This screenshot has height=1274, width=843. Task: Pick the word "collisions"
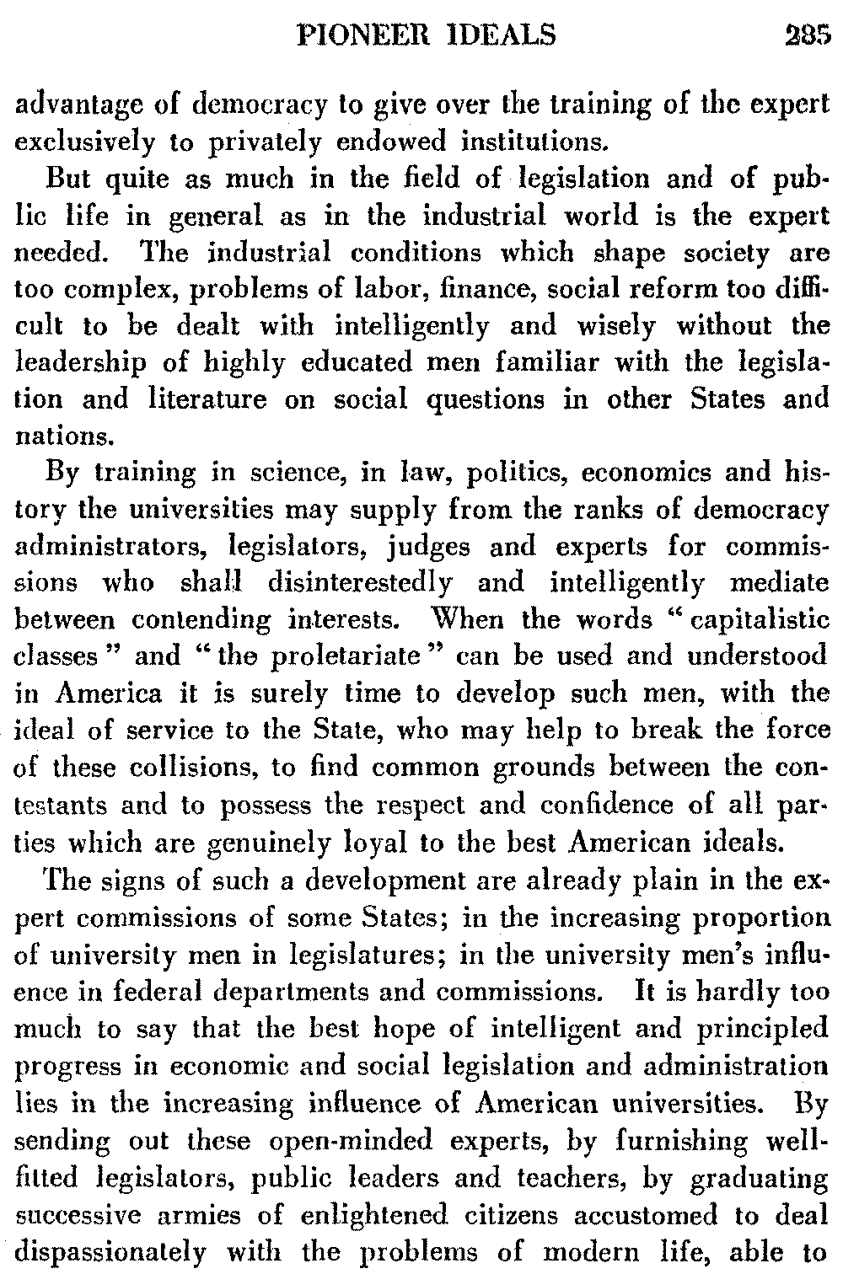click(185, 767)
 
